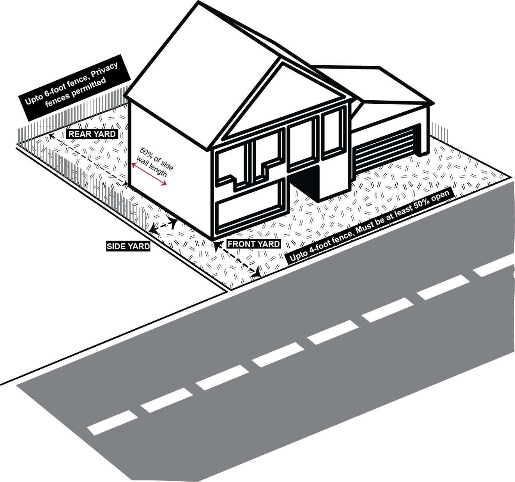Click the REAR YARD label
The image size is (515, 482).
(92, 134)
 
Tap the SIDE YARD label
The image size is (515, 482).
(128, 246)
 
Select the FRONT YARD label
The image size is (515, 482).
(253, 244)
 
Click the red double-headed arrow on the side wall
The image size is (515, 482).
(149, 175)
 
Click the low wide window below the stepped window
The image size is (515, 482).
(250, 210)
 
